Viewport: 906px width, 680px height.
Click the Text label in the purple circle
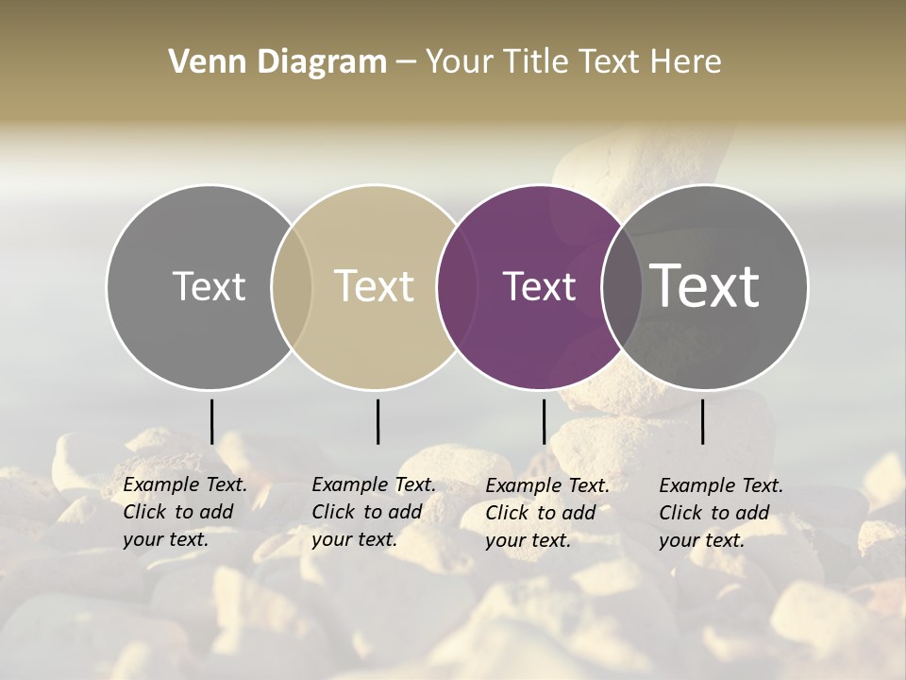pos(539,287)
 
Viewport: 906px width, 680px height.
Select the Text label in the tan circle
pos(375,287)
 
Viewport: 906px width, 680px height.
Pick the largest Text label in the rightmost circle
pos(705,286)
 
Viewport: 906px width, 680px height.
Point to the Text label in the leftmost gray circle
pos(210,287)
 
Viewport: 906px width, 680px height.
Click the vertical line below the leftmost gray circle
pos(211,421)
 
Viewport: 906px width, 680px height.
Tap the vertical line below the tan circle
pos(377,421)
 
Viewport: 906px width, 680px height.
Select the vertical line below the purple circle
pos(544,421)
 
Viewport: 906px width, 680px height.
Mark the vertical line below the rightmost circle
pos(702,421)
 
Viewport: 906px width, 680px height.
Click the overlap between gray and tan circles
pos(292,287)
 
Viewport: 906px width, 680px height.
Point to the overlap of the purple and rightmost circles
pos(622,287)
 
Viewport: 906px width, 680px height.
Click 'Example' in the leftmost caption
pos(157,485)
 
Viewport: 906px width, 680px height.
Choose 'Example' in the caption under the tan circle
pos(345,485)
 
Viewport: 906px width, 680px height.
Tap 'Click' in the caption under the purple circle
pos(508,513)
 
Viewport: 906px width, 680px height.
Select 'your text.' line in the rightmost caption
pos(702,541)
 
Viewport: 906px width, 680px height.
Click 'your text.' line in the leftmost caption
pos(166,540)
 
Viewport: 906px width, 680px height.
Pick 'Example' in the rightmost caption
pos(693,486)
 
